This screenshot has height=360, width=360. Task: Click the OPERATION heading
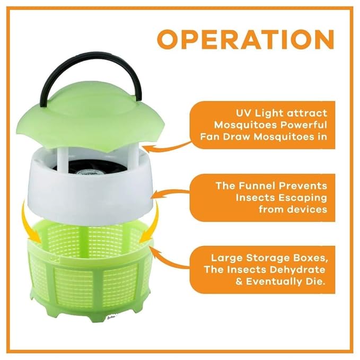pos(245,39)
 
